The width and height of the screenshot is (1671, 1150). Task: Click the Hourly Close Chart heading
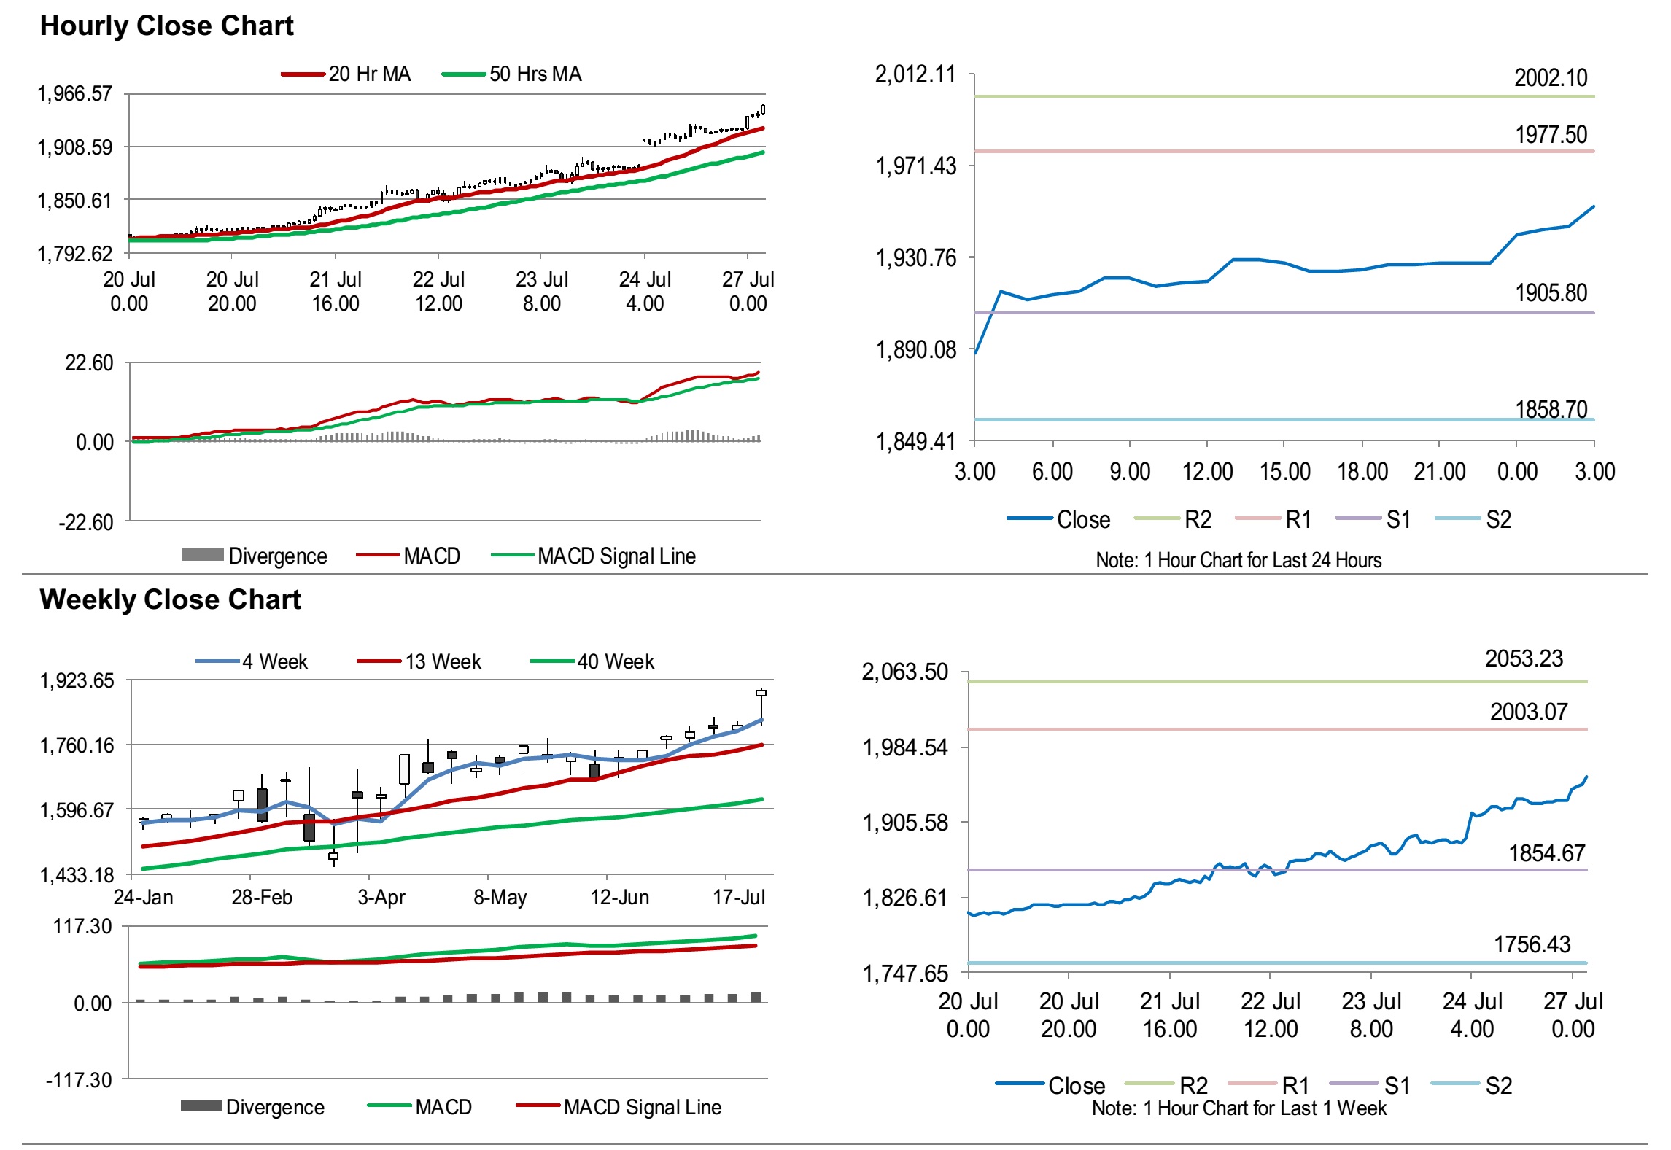tap(166, 26)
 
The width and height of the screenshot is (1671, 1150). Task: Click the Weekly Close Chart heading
tap(170, 599)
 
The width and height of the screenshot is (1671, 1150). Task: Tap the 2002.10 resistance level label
tap(1550, 78)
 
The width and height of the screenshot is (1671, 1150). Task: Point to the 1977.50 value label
tap(1551, 135)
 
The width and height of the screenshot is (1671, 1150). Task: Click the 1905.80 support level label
tap(1551, 293)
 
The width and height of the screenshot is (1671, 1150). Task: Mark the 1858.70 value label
tap(1551, 410)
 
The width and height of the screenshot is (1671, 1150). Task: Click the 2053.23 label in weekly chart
tap(1524, 659)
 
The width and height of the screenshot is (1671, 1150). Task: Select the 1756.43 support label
tap(1532, 945)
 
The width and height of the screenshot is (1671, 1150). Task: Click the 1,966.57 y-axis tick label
tap(74, 94)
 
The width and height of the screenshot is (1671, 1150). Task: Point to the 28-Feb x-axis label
tap(262, 897)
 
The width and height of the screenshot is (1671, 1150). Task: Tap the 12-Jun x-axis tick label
tap(619, 897)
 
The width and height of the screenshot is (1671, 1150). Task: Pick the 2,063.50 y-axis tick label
tap(904, 672)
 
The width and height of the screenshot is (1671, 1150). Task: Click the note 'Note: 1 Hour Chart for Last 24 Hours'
tap(1238, 560)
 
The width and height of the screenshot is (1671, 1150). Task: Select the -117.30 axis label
tap(79, 1079)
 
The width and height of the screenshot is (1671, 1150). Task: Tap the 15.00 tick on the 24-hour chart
tap(1284, 472)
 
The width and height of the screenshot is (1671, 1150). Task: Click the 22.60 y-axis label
tap(89, 363)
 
